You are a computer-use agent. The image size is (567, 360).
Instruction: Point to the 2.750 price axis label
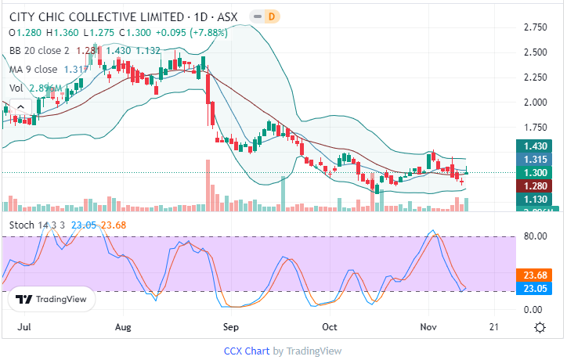(535, 27)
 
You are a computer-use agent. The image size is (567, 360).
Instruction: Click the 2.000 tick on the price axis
(535, 103)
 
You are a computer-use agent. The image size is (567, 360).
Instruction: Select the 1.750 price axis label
(535, 128)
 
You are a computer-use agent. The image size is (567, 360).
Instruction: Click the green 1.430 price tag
(536, 146)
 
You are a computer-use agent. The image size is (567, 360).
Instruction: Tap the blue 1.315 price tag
(536, 159)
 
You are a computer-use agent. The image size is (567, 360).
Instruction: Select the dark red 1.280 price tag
(536, 186)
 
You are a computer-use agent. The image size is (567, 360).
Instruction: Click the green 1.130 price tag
(536, 200)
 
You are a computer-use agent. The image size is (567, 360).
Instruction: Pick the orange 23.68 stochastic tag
(536, 274)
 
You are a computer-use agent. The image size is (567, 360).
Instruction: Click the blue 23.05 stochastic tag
(536, 288)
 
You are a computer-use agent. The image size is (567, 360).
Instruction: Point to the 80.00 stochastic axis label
(535, 236)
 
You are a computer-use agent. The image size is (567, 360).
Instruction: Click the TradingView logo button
(51, 299)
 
